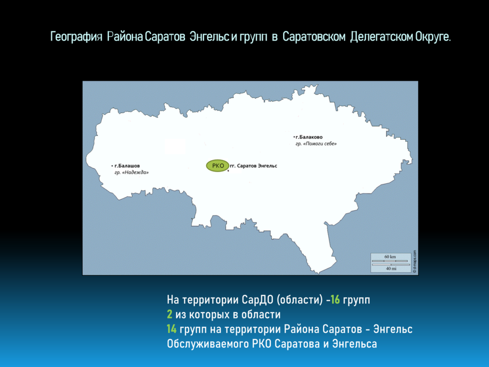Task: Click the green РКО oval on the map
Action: pos(218,166)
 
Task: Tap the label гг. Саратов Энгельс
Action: pos(254,166)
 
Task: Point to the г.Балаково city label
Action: pos(309,137)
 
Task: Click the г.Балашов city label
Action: pos(127,166)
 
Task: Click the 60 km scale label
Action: pos(390,257)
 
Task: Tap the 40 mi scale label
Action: pos(391,269)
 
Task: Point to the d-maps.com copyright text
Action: pos(415,261)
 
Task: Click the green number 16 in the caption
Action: pos(335,300)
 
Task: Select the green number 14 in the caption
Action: pos(171,329)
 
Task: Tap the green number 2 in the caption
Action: pos(170,314)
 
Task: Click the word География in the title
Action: pos(76,37)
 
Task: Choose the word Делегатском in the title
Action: pos(381,37)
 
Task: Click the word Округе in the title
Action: pos(433,37)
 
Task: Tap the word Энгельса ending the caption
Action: pos(355,344)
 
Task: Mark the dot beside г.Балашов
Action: pos(112,166)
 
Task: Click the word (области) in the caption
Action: pos(299,300)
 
